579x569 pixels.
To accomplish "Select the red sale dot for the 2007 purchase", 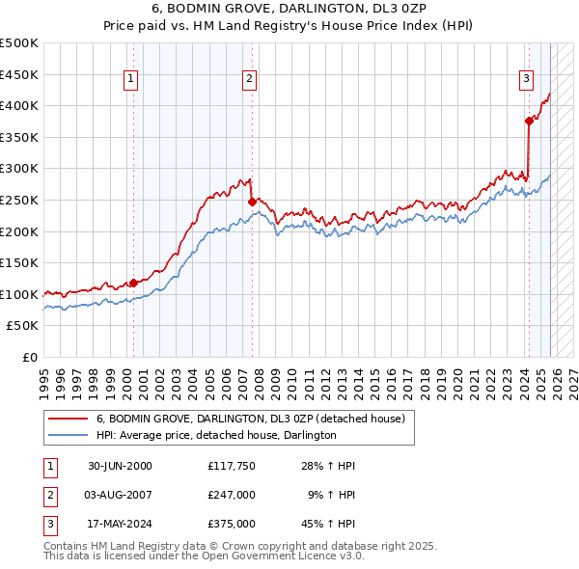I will tap(252, 202).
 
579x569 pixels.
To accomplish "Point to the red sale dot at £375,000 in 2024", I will tap(529, 121).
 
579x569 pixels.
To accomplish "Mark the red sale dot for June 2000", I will tap(133, 283).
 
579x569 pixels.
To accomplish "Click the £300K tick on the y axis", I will tap(19, 169).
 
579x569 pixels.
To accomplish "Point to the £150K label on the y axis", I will tap(19, 262).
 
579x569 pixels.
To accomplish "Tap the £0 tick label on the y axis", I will tap(31, 357).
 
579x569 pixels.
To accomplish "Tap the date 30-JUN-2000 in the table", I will tap(121, 466).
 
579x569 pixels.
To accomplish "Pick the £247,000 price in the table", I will tap(231, 495).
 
